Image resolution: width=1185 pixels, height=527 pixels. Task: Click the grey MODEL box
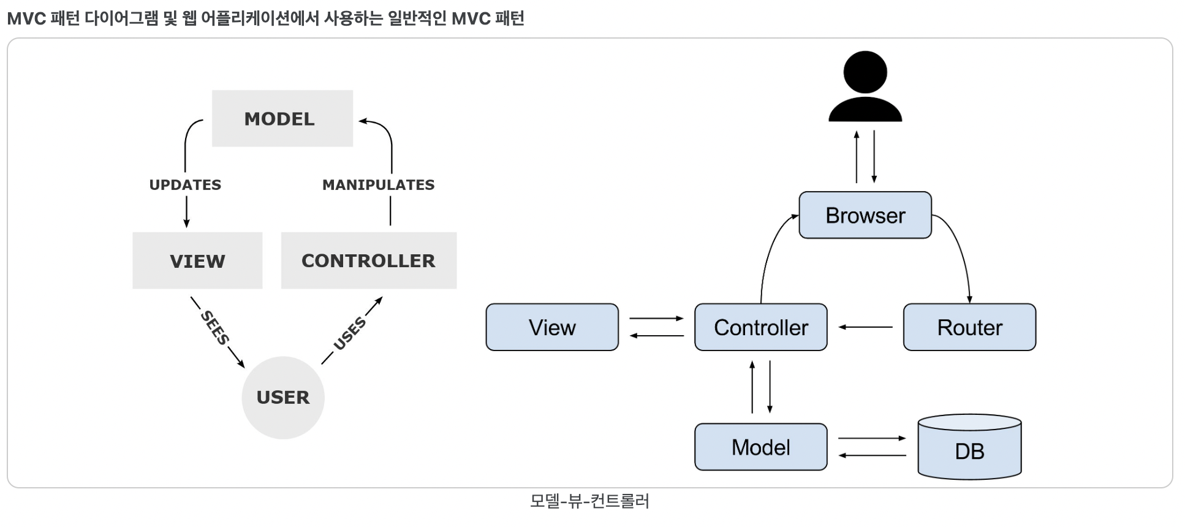(x=282, y=118)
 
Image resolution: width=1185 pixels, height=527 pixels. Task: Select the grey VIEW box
(x=197, y=260)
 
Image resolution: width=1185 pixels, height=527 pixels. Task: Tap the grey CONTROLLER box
(x=369, y=260)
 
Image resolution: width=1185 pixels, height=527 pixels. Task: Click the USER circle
(x=283, y=398)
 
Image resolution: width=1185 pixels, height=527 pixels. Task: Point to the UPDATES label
(x=185, y=185)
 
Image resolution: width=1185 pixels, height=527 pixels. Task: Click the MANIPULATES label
(x=379, y=185)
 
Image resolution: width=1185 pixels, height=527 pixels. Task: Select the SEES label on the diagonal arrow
(x=215, y=328)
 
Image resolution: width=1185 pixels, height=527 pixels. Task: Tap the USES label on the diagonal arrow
(x=350, y=333)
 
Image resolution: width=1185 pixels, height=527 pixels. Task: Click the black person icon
(x=865, y=86)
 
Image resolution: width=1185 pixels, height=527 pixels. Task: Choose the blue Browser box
(x=865, y=215)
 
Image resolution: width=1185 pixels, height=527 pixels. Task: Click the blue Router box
(x=970, y=327)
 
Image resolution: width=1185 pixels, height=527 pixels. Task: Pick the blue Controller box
(x=761, y=327)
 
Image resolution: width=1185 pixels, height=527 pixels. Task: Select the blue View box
(x=552, y=327)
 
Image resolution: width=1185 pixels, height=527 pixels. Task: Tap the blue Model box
(x=761, y=447)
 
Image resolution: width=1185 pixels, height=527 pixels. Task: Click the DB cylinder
(x=970, y=447)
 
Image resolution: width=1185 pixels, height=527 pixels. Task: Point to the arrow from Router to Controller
(x=865, y=327)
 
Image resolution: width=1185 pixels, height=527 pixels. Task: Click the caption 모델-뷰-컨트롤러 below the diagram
(x=589, y=501)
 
